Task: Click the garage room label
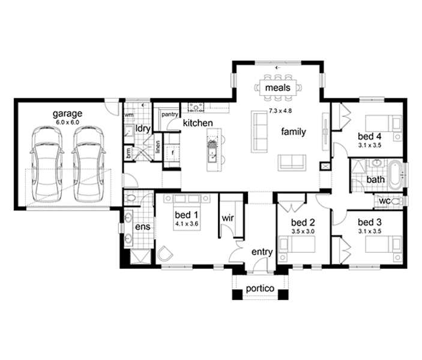[67, 114]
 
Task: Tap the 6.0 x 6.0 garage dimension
[67, 122]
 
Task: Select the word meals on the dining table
[278, 88]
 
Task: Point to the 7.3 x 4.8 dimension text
[280, 110]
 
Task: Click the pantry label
[170, 115]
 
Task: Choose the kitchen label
[198, 123]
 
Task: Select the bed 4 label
[370, 136]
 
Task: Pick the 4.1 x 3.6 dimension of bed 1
[187, 224]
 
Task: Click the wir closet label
[228, 218]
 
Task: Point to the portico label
[260, 289]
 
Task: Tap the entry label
[262, 252]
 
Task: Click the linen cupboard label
[158, 147]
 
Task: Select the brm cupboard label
[128, 153]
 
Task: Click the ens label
[143, 227]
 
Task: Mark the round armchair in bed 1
[164, 254]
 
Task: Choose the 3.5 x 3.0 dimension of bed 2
[303, 231]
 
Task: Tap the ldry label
[143, 128]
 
